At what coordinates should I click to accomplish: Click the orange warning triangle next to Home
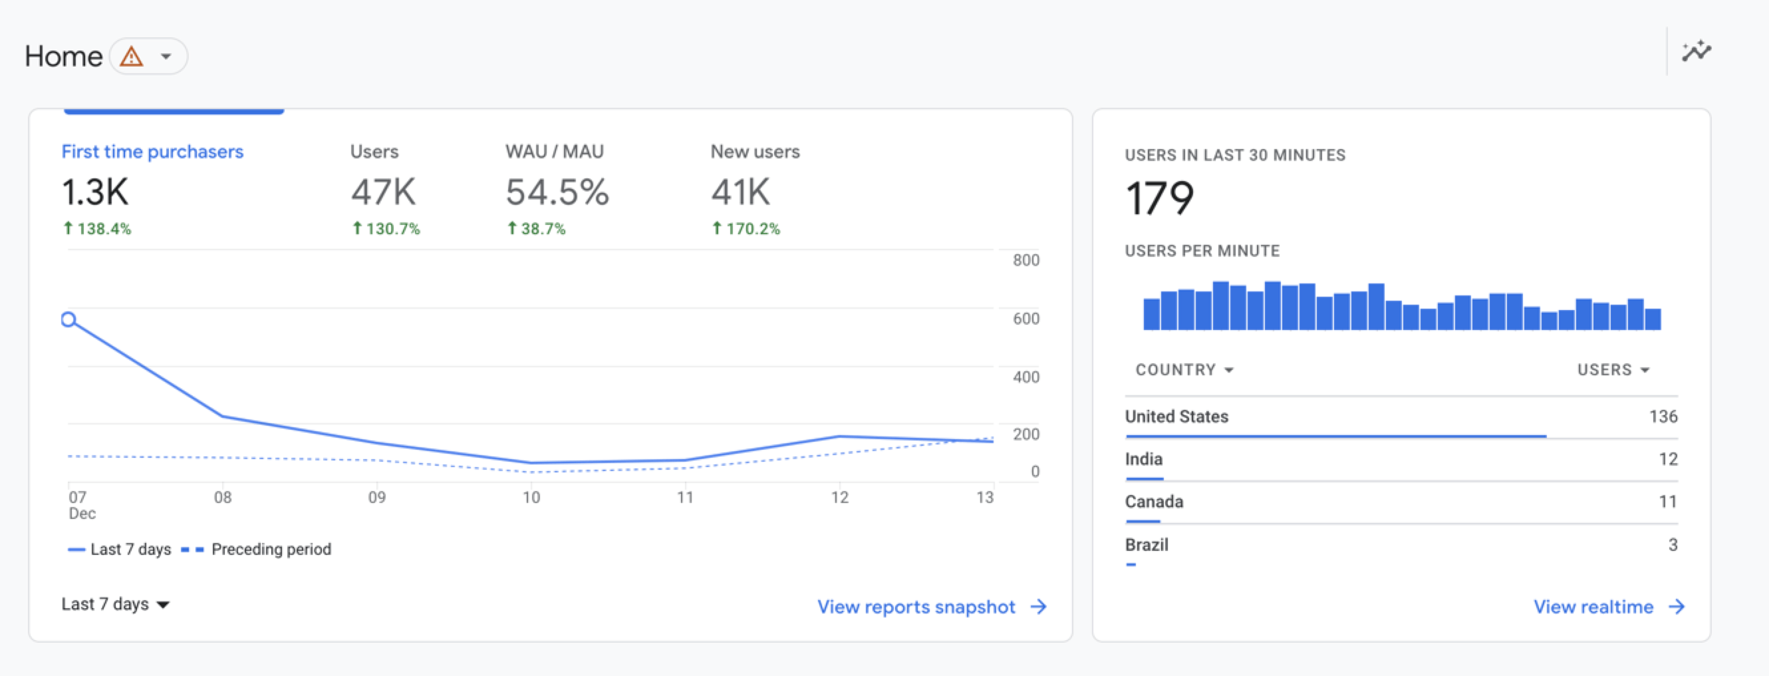coord(131,57)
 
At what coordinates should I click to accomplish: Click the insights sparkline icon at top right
coord(1696,51)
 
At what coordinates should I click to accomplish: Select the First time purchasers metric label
coord(152,152)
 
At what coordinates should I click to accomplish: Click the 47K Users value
coord(383,192)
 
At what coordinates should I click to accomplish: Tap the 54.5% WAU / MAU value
coord(557,192)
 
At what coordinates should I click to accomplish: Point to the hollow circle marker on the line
coord(68,319)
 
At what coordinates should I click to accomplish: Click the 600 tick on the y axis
coord(1025,319)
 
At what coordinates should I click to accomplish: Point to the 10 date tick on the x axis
coord(531,498)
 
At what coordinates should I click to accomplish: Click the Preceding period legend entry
coord(271,549)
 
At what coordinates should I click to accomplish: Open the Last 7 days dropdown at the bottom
coord(115,604)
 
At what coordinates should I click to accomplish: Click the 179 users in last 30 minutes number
coord(1160,198)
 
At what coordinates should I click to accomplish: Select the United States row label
coord(1176,417)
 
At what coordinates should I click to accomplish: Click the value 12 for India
coord(1667,459)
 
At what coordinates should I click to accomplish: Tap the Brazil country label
coord(1146,545)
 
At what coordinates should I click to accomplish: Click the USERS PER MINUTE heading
coord(1202,251)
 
